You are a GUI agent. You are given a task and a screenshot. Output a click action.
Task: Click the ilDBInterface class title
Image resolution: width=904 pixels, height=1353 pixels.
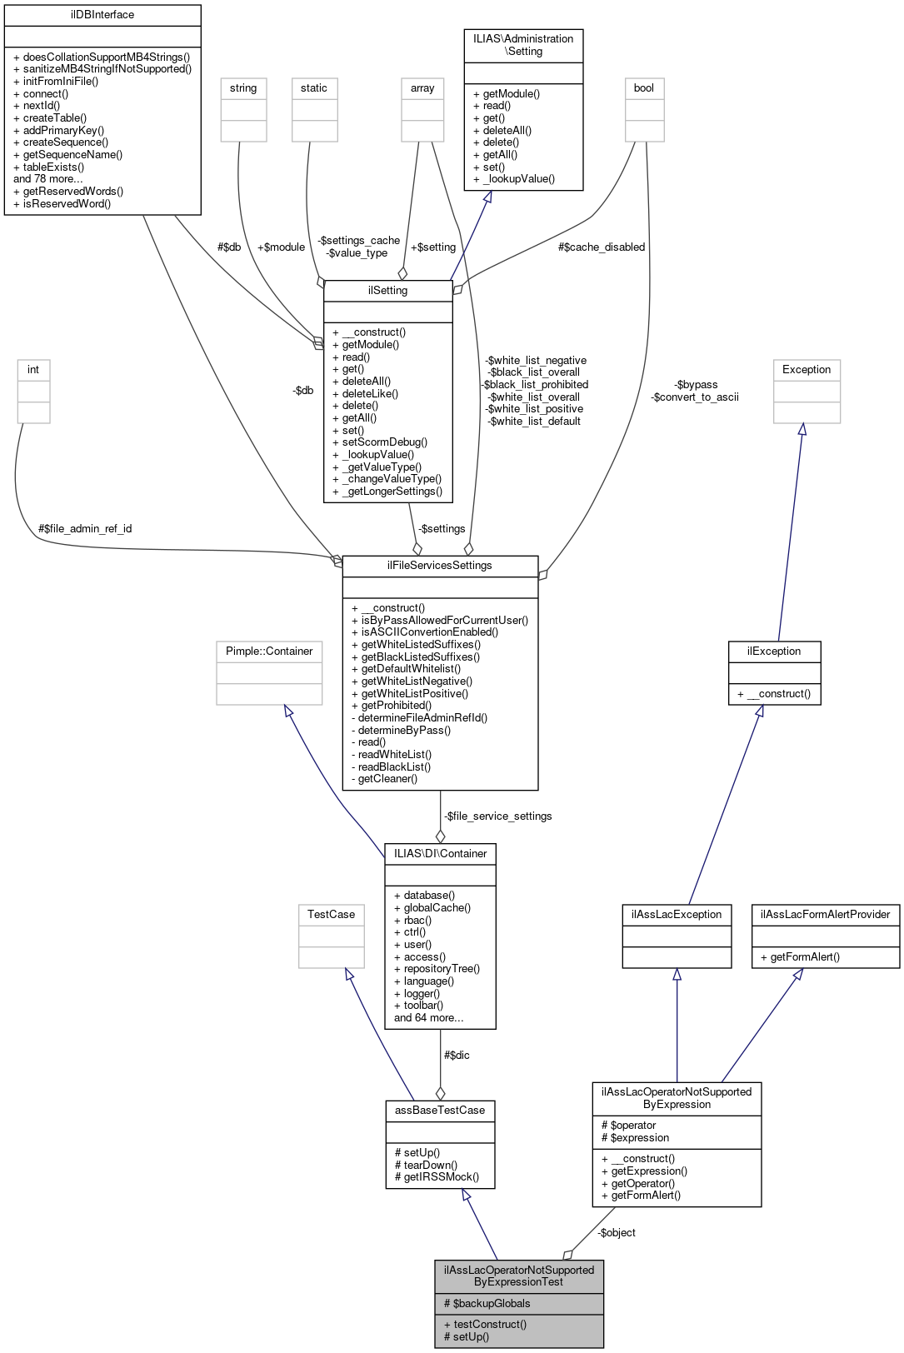click(x=102, y=15)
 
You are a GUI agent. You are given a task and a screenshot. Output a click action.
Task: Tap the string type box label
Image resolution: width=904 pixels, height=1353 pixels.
click(x=243, y=88)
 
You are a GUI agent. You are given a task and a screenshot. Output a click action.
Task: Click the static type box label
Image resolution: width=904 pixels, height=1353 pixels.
click(x=314, y=88)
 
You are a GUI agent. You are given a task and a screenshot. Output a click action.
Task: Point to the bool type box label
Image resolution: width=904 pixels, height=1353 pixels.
click(x=644, y=88)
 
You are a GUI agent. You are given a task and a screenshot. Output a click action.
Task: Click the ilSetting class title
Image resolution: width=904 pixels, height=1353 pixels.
click(x=387, y=291)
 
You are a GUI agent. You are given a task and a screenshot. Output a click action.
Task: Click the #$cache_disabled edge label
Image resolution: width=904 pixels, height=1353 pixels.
click(x=602, y=247)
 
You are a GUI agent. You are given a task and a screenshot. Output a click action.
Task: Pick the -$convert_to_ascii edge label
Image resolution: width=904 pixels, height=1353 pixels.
click(x=695, y=397)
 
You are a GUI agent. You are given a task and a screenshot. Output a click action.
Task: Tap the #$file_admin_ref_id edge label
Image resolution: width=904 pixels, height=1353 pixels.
click(x=85, y=529)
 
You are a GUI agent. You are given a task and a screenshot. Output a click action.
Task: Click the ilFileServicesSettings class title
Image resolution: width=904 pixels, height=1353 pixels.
click(x=439, y=566)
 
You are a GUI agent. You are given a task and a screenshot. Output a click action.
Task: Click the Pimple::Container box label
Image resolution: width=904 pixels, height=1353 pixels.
click(x=269, y=652)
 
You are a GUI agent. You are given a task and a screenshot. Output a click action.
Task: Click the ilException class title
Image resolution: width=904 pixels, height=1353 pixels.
click(x=774, y=652)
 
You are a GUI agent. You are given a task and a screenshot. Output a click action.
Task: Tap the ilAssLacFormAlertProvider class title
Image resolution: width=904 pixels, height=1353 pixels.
click(x=825, y=915)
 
